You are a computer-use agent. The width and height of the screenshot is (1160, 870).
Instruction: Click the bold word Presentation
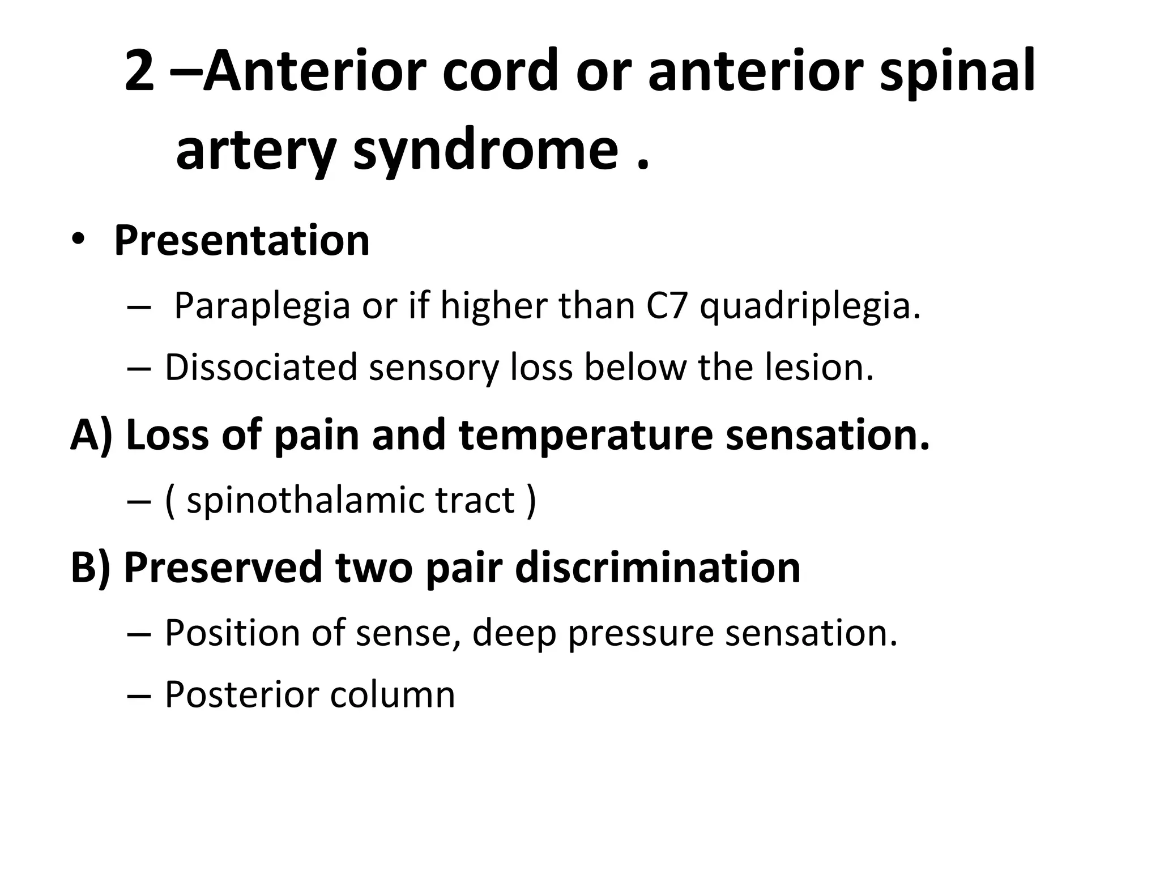(242, 241)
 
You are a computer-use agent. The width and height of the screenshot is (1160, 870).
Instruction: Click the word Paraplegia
(262, 306)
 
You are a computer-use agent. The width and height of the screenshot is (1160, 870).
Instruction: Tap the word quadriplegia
(810, 306)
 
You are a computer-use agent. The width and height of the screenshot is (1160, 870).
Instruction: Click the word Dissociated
(261, 367)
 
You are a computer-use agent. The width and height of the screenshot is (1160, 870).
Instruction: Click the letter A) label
(91, 435)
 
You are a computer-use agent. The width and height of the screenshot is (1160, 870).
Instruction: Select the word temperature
(585, 435)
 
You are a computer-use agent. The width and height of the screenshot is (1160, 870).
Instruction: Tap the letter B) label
(90, 568)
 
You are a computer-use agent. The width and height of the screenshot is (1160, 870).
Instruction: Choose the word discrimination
(658, 568)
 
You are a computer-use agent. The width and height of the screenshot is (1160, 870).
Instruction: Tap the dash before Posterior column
(139, 696)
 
